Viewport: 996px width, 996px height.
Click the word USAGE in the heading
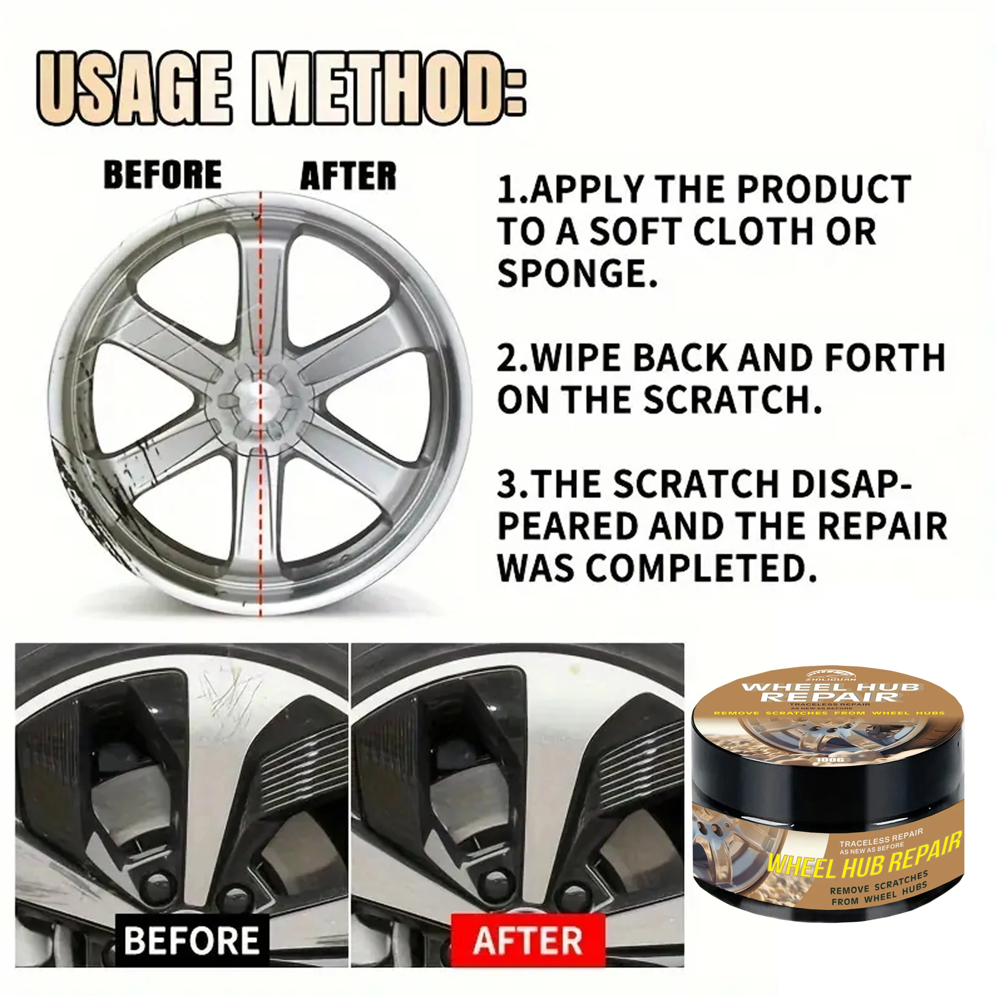pyautogui.click(x=135, y=89)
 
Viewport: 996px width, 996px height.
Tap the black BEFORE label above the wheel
pyautogui.click(x=163, y=175)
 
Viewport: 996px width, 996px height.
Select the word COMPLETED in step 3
pyautogui.click(x=701, y=568)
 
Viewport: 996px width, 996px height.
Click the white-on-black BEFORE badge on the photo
pyautogui.click(x=191, y=940)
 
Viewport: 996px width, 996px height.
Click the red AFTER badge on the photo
pyautogui.click(x=527, y=940)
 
